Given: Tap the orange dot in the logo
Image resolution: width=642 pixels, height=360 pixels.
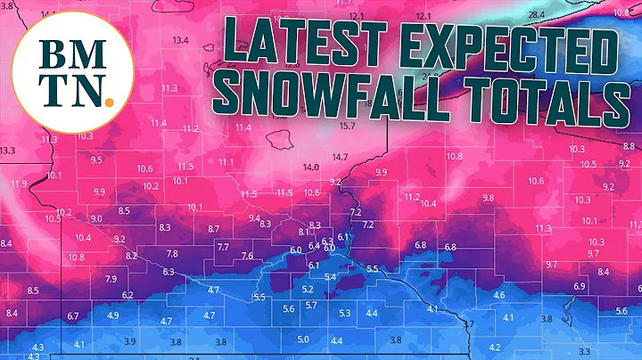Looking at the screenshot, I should [108, 100].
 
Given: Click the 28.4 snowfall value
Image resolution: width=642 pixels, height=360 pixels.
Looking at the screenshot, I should [537, 15].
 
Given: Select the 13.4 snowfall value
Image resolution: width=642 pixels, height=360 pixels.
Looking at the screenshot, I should [181, 40].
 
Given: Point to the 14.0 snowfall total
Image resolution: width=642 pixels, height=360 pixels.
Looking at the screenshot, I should [311, 167].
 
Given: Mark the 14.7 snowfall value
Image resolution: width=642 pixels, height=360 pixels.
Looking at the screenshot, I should [340, 157].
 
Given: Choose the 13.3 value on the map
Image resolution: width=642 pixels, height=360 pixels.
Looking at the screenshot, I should [7, 151].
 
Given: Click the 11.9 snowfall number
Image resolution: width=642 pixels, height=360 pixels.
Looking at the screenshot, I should [18, 184].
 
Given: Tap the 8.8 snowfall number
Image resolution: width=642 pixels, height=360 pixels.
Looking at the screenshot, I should [629, 145].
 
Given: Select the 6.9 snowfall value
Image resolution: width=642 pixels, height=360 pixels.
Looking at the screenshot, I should [580, 286].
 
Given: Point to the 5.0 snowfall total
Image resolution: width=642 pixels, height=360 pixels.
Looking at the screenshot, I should [303, 339].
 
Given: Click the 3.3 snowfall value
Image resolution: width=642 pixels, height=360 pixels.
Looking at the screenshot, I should [585, 351].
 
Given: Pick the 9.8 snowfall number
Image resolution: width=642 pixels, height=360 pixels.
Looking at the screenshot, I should [488, 197].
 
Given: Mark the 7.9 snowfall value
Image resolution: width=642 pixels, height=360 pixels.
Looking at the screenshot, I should [111, 279].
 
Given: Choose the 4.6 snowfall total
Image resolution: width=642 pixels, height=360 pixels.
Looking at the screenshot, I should [499, 295].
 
